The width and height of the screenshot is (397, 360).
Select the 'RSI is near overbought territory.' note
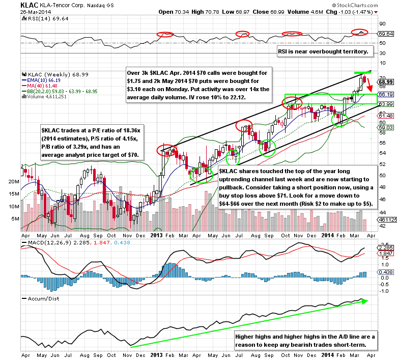tap(325, 52)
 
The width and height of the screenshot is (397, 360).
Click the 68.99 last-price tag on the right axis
tap(385, 81)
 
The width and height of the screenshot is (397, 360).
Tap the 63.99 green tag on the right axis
tap(385, 104)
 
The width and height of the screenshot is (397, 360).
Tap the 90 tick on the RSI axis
tap(379, 23)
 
